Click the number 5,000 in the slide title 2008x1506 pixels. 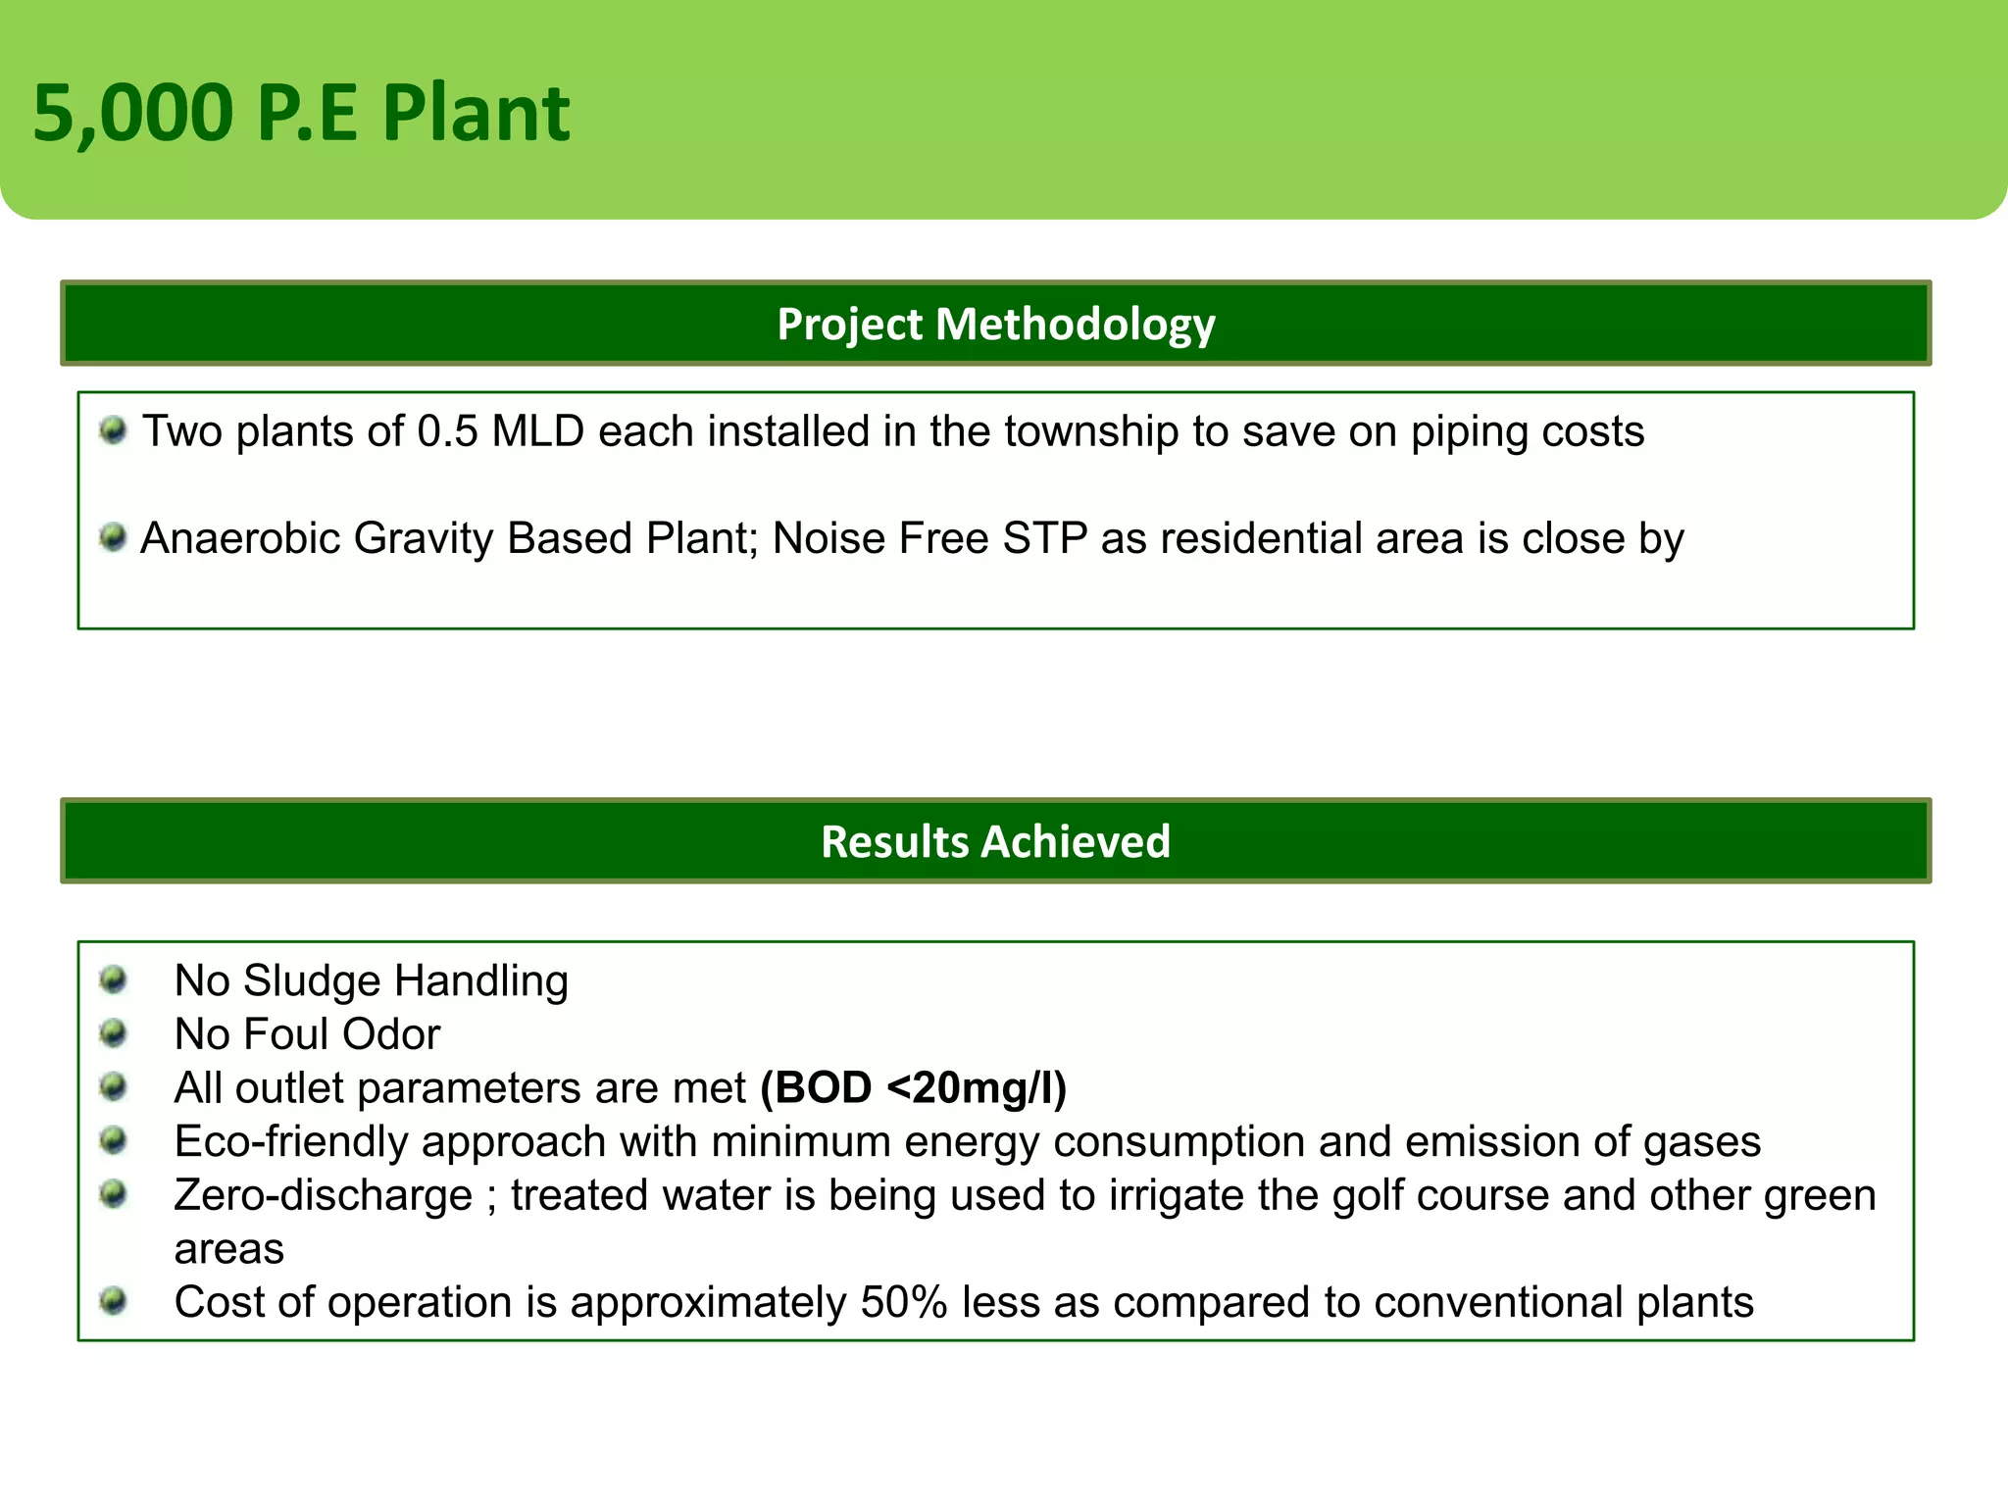click(133, 115)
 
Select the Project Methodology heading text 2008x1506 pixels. click(995, 325)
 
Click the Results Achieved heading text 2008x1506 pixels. click(995, 842)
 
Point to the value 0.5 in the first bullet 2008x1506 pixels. click(447, 432)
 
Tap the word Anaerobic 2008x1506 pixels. click(239, 539)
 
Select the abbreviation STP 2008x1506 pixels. click(1044, 539)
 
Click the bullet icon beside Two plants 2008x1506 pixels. click(114, 430)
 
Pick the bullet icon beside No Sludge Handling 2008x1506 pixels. click(114, 979)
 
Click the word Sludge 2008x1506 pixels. click(312, 981)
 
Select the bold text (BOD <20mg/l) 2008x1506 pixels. click(913, 1088)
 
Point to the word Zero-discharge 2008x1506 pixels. click(323, 1196)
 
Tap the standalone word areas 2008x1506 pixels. click(228, 1250)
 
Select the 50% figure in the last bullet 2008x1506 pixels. click(904, 1303)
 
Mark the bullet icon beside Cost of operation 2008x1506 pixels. click(114, 1301)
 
